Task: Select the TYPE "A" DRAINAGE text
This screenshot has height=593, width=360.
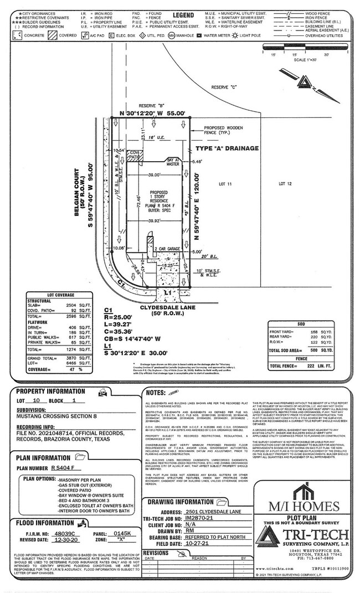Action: (x=227, y=148)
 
